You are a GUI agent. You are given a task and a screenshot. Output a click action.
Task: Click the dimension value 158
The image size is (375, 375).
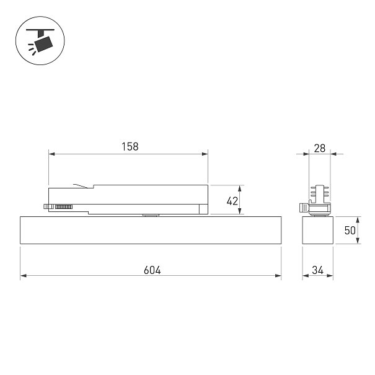[130, 147]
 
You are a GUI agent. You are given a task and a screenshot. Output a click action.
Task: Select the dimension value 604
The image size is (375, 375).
[152, 270]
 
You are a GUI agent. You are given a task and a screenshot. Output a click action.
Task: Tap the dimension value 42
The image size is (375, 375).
[232, 201]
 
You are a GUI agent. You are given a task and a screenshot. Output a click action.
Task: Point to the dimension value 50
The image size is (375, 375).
[350, 231]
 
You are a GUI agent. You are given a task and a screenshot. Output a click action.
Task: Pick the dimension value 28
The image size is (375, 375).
[319, 148]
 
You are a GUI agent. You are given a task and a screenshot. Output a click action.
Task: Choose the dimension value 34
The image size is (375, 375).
[317, 270]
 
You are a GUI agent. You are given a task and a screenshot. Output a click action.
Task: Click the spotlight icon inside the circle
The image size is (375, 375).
[41, 41]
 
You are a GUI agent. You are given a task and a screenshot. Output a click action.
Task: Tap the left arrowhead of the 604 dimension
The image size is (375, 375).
[24, 276]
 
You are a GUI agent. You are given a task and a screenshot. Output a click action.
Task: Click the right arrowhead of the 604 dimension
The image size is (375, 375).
[278, 276]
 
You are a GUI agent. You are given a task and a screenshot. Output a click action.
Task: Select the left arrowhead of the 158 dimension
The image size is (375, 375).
[51, 154]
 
